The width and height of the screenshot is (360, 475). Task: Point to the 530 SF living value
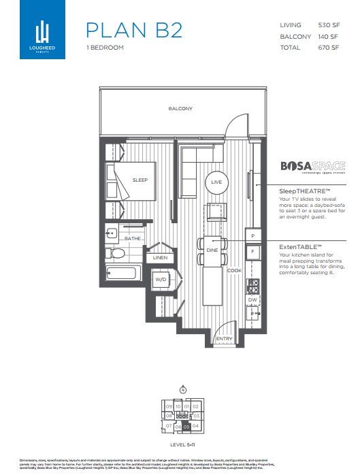(329, 24)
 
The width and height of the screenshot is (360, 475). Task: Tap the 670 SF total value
(329, 48)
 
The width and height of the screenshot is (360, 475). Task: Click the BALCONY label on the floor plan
(180, 109)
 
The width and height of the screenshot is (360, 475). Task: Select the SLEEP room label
(140, 180)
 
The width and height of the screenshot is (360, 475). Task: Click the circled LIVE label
(217, 182)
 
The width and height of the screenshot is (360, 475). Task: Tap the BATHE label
(131, 239)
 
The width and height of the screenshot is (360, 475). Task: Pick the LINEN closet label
(160, 258)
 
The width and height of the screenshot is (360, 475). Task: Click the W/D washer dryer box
(161, 279)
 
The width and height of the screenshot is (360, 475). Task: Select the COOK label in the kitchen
(234, 270)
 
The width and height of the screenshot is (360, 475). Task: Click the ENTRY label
(223, 338)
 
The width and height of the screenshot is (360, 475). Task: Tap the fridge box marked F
(252, 251)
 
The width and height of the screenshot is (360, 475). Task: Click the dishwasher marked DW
(252, 299)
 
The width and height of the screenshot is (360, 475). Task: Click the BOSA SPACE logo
(313, 166)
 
